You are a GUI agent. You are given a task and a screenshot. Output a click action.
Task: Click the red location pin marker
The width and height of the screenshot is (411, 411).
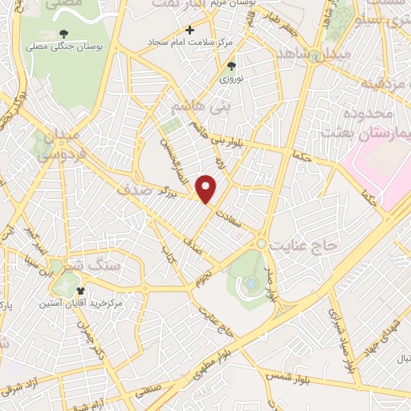pyautogui.click(x=207, y=189)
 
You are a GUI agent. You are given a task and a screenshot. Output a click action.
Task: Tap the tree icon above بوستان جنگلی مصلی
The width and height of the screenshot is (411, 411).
pyautogui.click(x=63, y=34)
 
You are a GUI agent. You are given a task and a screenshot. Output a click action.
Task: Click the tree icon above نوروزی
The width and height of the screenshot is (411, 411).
pyautogui.click(x=232, y=67)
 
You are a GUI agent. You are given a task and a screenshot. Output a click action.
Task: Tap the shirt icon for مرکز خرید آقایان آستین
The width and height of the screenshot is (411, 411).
pyautogui.click(x=79, y=291)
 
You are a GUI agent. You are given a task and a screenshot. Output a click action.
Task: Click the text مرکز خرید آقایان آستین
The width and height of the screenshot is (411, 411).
pyautogui.click(x=79, y=304)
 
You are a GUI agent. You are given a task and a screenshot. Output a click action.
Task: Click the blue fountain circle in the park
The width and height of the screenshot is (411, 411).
pyautogui.click(x=250, y=283)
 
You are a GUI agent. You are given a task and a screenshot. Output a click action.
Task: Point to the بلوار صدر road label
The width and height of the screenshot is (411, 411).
pyautogui.click(x=273, y=285)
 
